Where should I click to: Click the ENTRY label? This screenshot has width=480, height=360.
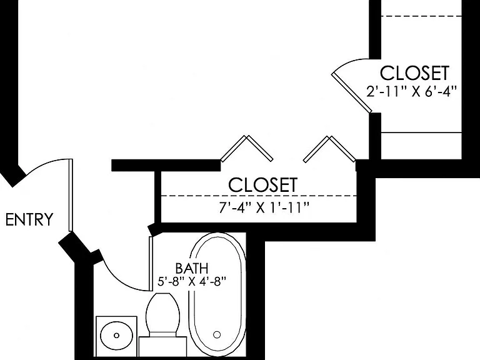pos(29,219)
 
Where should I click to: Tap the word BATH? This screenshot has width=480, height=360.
pos(192,269)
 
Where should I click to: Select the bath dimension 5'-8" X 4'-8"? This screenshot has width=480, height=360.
pos(192,281)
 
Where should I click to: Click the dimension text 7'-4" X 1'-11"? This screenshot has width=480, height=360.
pos(264,208)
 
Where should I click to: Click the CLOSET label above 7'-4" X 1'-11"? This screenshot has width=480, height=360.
pos(263,185)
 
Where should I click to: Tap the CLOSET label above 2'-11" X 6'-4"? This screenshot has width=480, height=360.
pos(414,73)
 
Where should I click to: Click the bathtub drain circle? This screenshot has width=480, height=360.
pos(217,334)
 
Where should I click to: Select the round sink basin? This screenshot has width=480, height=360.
pos(117,335)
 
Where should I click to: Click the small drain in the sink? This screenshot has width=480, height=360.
pos(117,336)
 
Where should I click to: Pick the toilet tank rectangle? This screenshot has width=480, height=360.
pos(162,346)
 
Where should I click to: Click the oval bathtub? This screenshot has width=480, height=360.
pos(218,294)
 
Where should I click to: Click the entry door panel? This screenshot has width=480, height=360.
pos(71,195)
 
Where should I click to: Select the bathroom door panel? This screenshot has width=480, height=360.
pos(151,263)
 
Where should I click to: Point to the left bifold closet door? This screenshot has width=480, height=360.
pos(246,148)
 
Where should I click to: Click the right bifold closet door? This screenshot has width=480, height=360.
pos(330,149)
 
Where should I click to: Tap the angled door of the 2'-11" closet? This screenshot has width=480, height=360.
pos(352,93)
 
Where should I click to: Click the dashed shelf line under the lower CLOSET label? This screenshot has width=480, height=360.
pos(259,196)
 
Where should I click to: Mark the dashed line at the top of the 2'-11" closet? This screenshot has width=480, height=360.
pos(421,16)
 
